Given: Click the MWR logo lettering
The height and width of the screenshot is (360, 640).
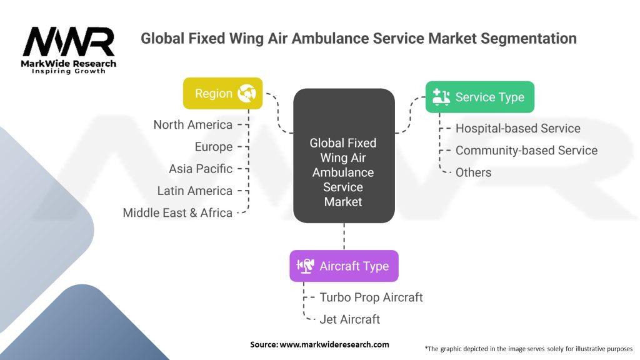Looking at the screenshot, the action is click(x=69, y=42).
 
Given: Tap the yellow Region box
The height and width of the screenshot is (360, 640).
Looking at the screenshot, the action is click(x=223, y=94).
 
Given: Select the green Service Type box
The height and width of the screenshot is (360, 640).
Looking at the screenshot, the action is click(x=480, y=97).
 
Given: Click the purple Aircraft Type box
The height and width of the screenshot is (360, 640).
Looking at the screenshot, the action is click(x=344, y=266).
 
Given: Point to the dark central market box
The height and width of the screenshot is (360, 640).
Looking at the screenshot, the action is click(x=344, y=156).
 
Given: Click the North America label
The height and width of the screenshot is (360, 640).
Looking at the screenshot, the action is click(x=193, y=124).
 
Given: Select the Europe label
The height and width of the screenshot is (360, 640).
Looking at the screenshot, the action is click(x=214, y=146).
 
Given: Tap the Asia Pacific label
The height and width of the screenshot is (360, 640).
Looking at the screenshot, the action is click(x=201, y=169).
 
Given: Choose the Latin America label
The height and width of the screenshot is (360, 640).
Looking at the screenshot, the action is click(x=195, y=191).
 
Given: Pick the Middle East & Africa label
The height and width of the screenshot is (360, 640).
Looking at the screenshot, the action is click(x=177, y=212).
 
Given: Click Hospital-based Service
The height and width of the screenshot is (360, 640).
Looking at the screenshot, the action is click(x=518, y=128).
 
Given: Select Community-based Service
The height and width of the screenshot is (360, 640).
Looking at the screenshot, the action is click(x=526, y=150).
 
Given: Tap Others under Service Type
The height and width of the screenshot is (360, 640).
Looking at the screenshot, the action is click(x=474, y=172).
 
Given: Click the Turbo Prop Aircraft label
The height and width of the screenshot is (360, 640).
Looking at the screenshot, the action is click(x=371, y=297).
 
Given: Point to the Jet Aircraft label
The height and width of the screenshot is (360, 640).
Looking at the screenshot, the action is click(x=350, y=319).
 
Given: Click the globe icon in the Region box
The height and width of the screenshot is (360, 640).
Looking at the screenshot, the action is click(x=247, y=94).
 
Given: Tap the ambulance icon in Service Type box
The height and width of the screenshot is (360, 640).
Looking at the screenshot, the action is click(x=441, y=97).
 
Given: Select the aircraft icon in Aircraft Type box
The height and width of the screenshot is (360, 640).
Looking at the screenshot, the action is click(x=305, y=266).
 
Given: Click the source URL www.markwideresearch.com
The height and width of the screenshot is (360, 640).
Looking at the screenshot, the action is click(x=334, y=344).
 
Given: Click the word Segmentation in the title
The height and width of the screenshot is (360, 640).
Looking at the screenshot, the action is click(x=529, y=38).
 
